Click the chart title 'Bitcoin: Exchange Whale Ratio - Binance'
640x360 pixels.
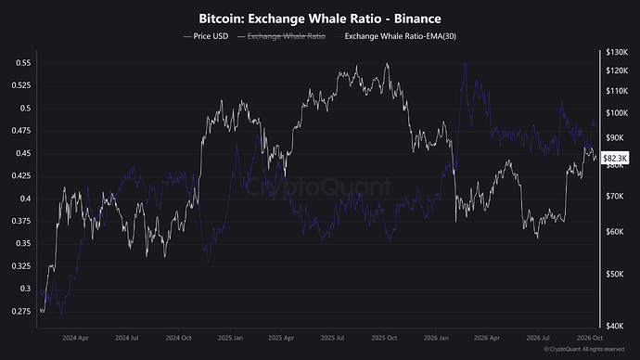click(320, 19)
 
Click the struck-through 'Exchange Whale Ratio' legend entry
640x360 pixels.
click(287, 36)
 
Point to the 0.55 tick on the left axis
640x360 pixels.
click(23, 63)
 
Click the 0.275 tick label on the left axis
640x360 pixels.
click(21, 312)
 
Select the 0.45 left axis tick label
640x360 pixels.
click(23, 153)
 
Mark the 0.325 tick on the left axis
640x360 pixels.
click(21, 266)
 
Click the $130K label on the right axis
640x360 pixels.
click(617, 52)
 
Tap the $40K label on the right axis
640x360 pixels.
click(615, 326)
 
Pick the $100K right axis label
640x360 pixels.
click(617, 113)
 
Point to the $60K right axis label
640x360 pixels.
click(615, 232)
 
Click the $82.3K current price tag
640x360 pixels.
click(615, 158)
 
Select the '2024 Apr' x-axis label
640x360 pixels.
click(75, 338)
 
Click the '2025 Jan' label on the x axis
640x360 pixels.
click(230, 338)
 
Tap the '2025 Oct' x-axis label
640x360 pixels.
click(384, 338)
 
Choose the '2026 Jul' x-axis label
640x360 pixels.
click(538, 338)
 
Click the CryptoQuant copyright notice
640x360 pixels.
click(584, 350)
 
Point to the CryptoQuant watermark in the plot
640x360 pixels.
click(318, 187)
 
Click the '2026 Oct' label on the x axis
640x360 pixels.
click(590, 338)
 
